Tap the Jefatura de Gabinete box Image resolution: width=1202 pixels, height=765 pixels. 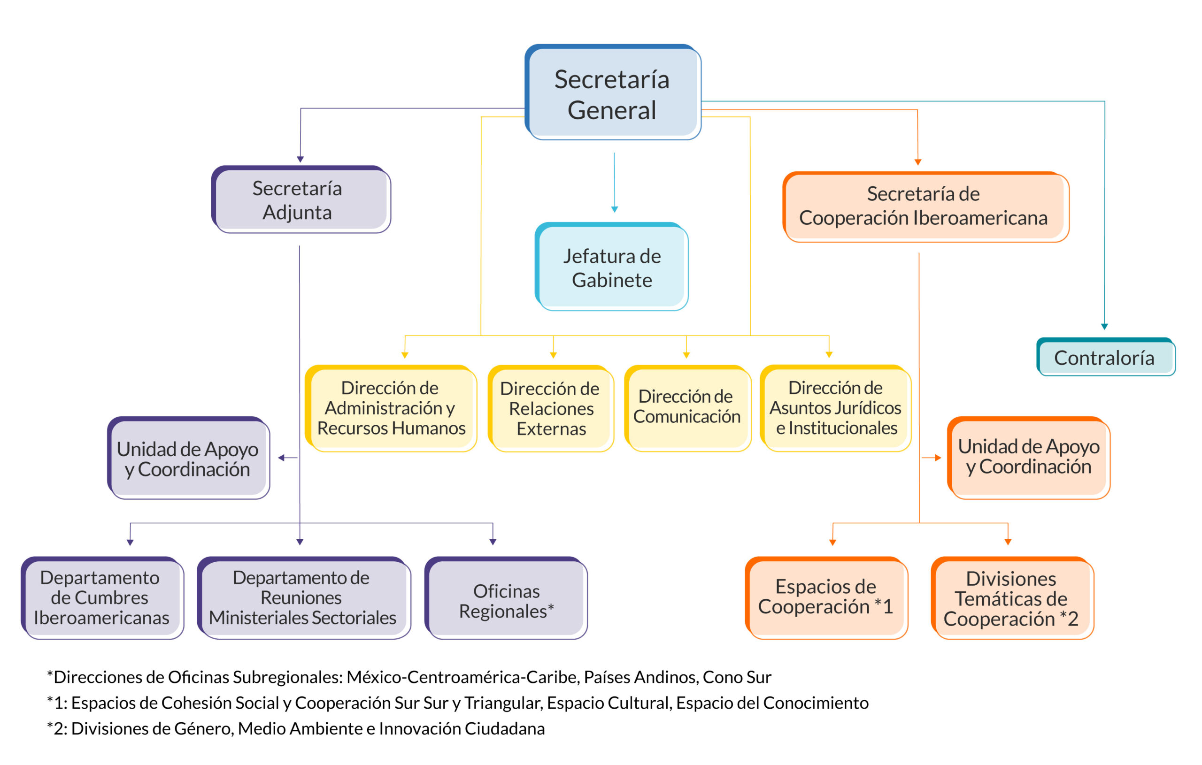click(611, 267)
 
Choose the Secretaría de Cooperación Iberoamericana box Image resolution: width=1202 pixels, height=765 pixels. click(925, 206)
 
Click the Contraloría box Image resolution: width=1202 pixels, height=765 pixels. click(1106, 357)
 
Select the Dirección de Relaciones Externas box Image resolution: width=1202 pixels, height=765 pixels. click(551, 409)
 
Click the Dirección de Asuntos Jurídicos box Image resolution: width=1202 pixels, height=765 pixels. click(835, 408)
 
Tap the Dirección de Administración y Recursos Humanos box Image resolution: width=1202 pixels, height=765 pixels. click(391, 408)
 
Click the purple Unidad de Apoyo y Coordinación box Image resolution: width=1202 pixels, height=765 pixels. click(188, 458)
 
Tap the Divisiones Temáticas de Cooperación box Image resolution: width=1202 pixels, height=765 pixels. click(1011, 598)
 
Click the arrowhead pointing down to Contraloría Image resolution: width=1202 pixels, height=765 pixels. click(1104, 326)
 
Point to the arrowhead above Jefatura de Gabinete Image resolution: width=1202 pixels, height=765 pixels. click(615, 210)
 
